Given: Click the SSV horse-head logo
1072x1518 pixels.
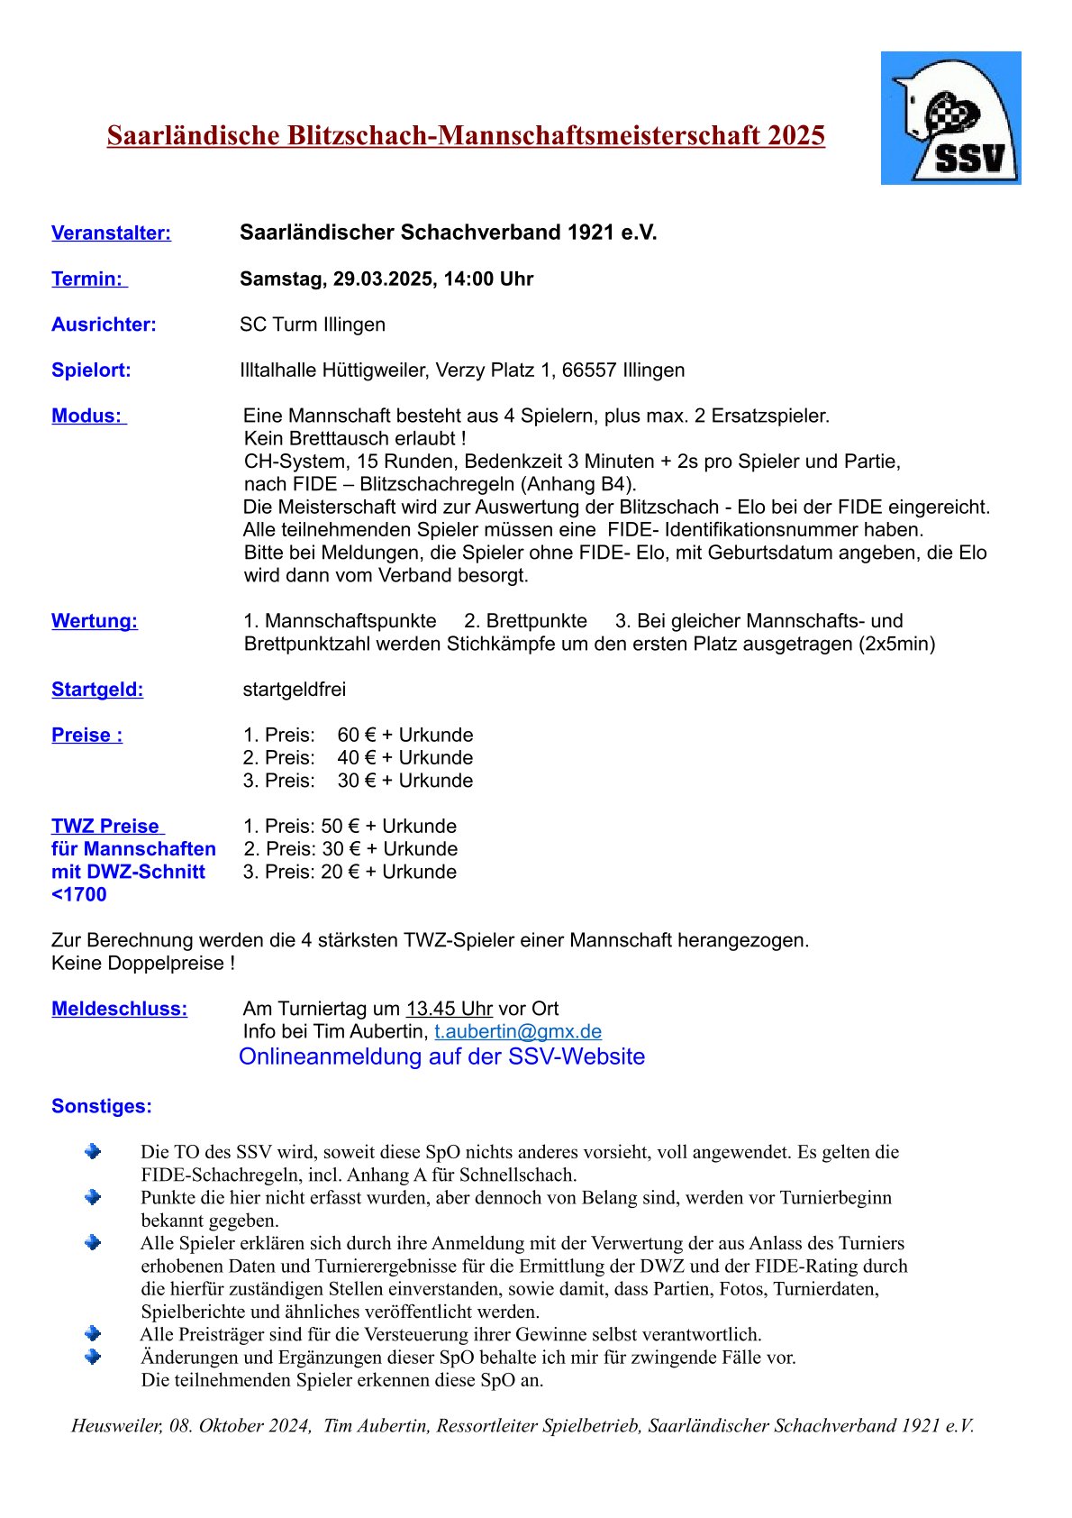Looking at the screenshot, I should point(950,118).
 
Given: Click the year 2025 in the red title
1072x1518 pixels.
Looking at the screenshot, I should point(796,135).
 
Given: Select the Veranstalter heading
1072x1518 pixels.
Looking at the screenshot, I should point(111,233).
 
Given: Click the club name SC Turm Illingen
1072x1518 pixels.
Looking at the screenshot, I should point(312,325).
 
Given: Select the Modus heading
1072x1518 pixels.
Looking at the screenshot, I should point(86,416).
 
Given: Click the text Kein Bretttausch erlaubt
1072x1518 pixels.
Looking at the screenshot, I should point(353,439).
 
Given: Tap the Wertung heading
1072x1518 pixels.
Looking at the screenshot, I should point(95,621).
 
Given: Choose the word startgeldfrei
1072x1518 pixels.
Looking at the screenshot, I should point(295,690).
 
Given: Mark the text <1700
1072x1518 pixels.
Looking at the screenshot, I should point(79,895).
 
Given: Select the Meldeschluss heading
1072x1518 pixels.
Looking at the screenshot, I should point(119,1009).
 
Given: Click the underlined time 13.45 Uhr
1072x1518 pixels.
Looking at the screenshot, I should point(449,1009).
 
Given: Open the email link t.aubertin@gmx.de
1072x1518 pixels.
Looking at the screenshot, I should point(518,1032).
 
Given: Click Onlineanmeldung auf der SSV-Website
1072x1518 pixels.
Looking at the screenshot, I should point(441,1056).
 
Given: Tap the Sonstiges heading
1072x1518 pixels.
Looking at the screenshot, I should point(102,1106).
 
